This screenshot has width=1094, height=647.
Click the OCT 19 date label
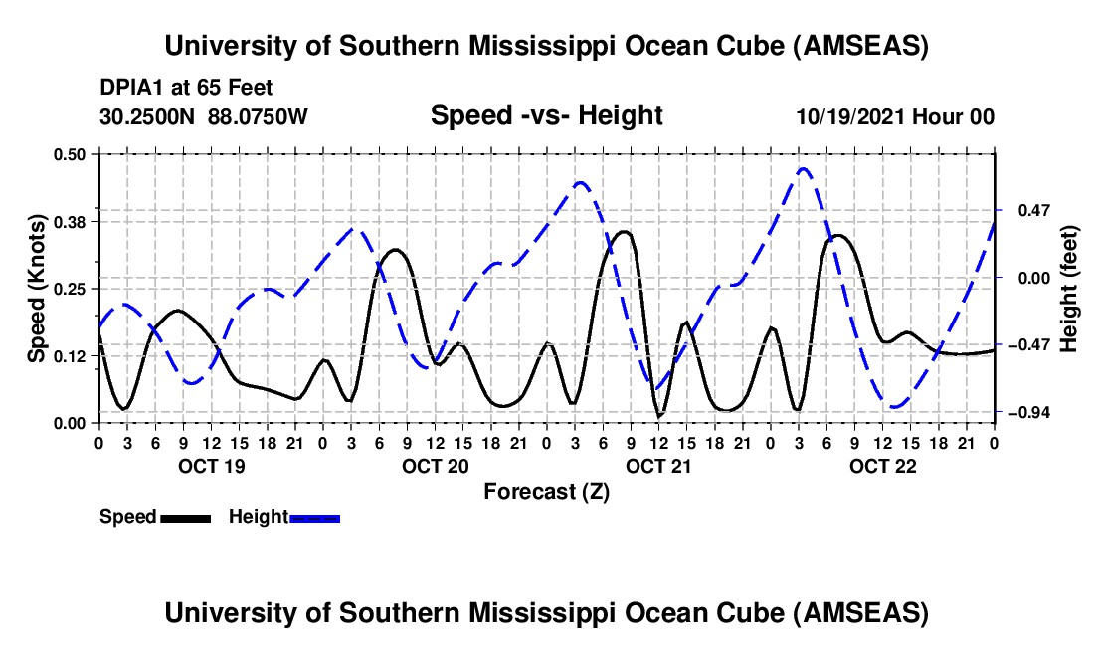coord(209,466)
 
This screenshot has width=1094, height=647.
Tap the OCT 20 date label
coord(435,466)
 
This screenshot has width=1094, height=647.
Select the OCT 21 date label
coord(658,466)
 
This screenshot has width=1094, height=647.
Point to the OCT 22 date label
coord(882,466)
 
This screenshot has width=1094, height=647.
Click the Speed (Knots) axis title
coord(36,289)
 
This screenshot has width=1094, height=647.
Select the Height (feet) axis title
coord(1069,289)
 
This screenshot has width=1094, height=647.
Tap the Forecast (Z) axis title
coord(546,491)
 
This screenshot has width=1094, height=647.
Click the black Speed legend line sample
coord(185,517)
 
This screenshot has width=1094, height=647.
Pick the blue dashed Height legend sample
coord(314,517)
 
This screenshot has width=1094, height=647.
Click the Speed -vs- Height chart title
coord(546,115)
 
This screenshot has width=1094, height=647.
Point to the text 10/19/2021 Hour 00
coord(895,116)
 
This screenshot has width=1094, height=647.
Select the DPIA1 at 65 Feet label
coord(186,89)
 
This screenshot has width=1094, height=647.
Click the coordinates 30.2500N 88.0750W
coord(204,116)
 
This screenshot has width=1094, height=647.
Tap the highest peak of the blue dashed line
coord(804,169)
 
